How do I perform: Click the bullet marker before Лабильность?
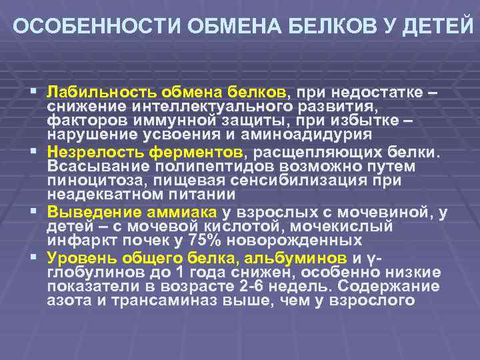(x=33, y=91)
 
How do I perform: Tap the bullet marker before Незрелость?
(x=33, y=151)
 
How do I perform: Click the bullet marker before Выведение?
(x=33, y=212)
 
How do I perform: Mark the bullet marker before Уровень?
(x=33, y=257)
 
